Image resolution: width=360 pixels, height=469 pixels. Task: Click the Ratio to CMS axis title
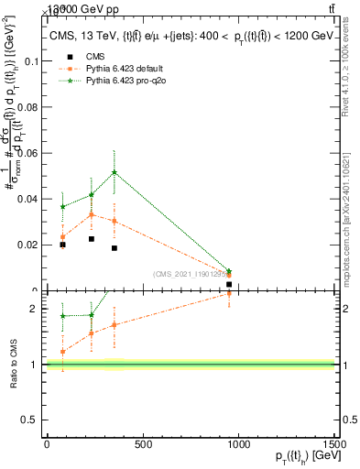13,364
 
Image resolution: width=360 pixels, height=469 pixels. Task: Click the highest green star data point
115,172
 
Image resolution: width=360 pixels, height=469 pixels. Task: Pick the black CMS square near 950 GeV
229,285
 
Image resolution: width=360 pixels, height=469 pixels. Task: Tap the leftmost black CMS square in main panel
62,245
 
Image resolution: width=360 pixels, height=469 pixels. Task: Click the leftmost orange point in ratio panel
62,352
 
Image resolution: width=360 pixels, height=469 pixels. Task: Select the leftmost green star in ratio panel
62,316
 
